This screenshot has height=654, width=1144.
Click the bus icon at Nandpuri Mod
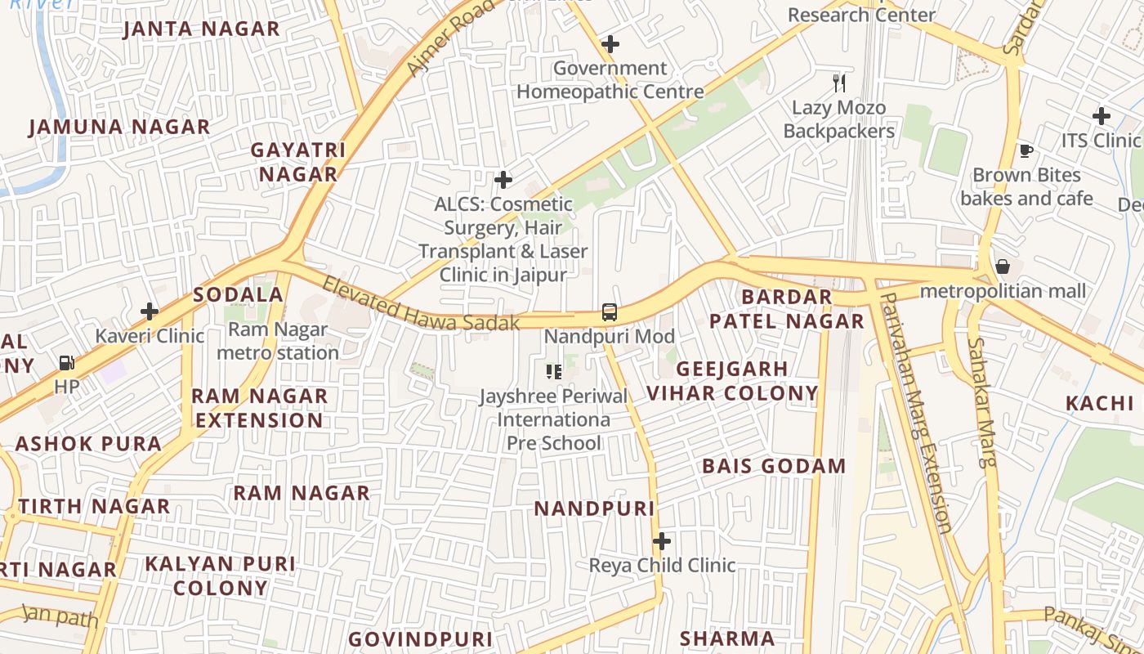pyautogui.click(x=610, y=311)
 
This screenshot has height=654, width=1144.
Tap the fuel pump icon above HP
pyautogui.click(x=67, y=362)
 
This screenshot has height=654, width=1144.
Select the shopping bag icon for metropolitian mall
pyautogui.click(x=1003, y=267)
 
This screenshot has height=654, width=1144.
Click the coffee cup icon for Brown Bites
pyautogui.click(x=1026, y=150)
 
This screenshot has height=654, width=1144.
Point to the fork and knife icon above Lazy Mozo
pyautogui.click(x=839, y=83)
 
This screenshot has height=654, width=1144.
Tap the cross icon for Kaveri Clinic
pyautogui.click(x=150, y=311)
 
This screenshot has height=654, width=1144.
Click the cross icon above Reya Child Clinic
pyautogui.click(x=662, y=541)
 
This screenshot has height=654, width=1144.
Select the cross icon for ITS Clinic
pyautogui.click(x=1102, y=116)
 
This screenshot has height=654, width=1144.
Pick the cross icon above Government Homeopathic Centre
pyautogui.click(x=610, y=44)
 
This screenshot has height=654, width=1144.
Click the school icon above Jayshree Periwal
pyautogui.click(x=554, y=373)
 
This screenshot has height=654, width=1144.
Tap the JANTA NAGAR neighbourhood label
pyautogui.click(x=201, y=29)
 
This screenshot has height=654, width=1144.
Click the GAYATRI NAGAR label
pyautogui.click(x=298, y=162)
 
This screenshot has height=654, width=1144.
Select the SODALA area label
pyautogui.click(x=238, y=295)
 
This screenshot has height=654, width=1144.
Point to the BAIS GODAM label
pyautogui.click(x=774, y=466)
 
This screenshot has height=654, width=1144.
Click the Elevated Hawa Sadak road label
pyautogui.click(x=420, y=305)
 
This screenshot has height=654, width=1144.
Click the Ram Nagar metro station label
pyautogui.click(x=278, y=341)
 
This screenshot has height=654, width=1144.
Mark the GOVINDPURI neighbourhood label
pyautogui.click(x=420, y=639)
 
